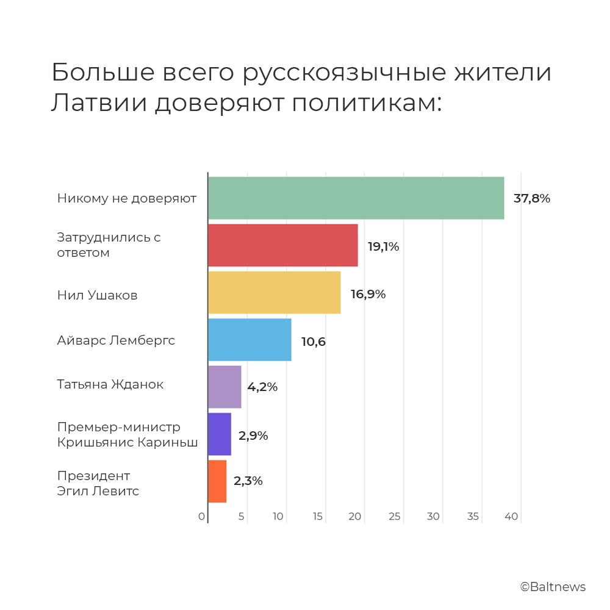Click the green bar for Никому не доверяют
point(356,198)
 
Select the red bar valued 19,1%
point(282,245)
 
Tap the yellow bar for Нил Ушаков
point(274,292)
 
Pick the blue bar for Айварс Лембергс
point(249,339)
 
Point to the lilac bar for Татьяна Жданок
point(224,387)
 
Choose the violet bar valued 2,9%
point(220,434)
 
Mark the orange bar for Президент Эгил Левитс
point(217,481)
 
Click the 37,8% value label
point(532,198)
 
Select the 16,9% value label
point(368,294)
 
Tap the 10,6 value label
point(314,342)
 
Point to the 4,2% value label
point(262,387)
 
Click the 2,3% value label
point(248,481)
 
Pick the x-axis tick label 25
point(395,517)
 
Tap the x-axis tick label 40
point(511,517)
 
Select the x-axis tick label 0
point(202,517)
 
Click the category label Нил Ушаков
point(97,295)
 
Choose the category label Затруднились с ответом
point(109,245)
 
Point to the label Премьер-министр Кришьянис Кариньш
point(127,434)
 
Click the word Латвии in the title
point(97,104)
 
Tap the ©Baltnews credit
point(553,587)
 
